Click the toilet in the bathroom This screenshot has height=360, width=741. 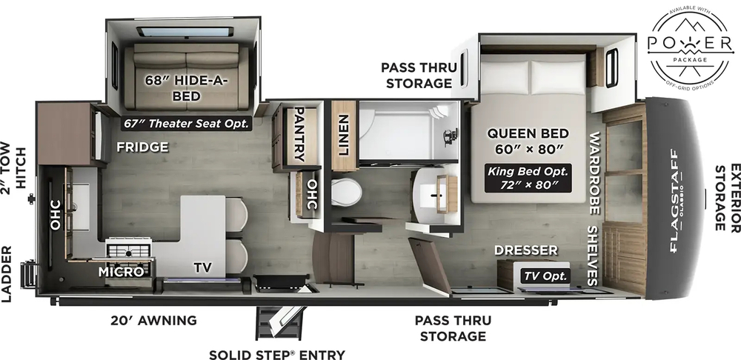pos(346,192)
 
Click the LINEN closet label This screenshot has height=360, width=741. pos(343,134)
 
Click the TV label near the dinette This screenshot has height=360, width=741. pos(202,267)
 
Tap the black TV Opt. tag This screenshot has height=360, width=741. pos(547,276)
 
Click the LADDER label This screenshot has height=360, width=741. pos(9,274)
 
